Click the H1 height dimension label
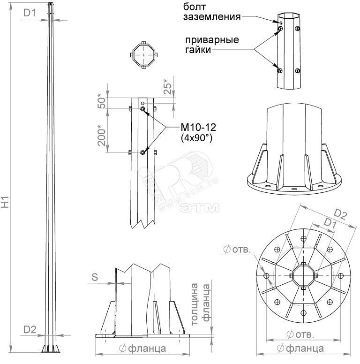click(x=5, y=202)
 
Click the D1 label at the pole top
click(x=30, y=13)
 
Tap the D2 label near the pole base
click(x=30, y=329)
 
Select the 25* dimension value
click(x=168, y=87)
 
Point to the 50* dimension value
click(x=102, y=101)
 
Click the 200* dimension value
click(x=102, y=136)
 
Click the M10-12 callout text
click(x=198, y=127)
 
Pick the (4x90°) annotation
click(x=196, y=138)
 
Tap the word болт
click(x=195, y=7)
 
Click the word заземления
click(x=212, y=17)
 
